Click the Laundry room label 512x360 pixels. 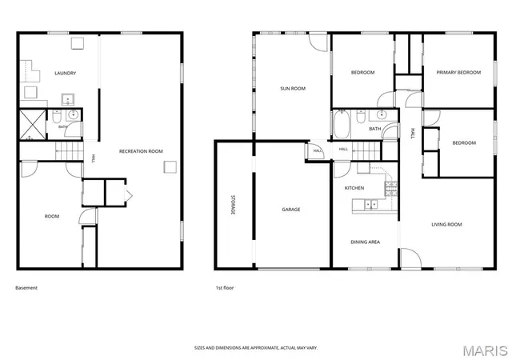click(x=66, y=73)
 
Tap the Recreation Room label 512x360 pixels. click(x=141, y=151)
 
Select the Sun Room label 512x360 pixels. click(x=293, y=88)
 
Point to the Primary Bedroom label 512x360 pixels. click(x=458, y=72)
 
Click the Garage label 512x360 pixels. click(x=291, y=210)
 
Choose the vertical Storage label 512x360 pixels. click(x=233, y=205)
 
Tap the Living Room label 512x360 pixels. click(x=446, y=225)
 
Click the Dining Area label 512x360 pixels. click(x=365, y=242)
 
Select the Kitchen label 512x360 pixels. click(x=354, y=188)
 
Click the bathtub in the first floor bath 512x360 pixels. click(x=342, y=124)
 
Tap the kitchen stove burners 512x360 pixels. click(x=391, y=189)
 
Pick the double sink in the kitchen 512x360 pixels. click(x=370, y=205)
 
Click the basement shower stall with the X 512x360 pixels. click(x=33, y=125)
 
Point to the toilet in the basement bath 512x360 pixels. click(x=57, y=116)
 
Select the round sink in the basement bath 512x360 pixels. click(x=73, y=115)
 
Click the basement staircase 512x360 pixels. click(x=70, y=151)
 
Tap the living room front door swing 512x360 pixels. click(x=410, y=258)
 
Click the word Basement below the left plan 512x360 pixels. click(x=26, y=288)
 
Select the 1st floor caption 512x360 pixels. click(x=225, y=288)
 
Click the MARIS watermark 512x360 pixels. click(x=486, y=350)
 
